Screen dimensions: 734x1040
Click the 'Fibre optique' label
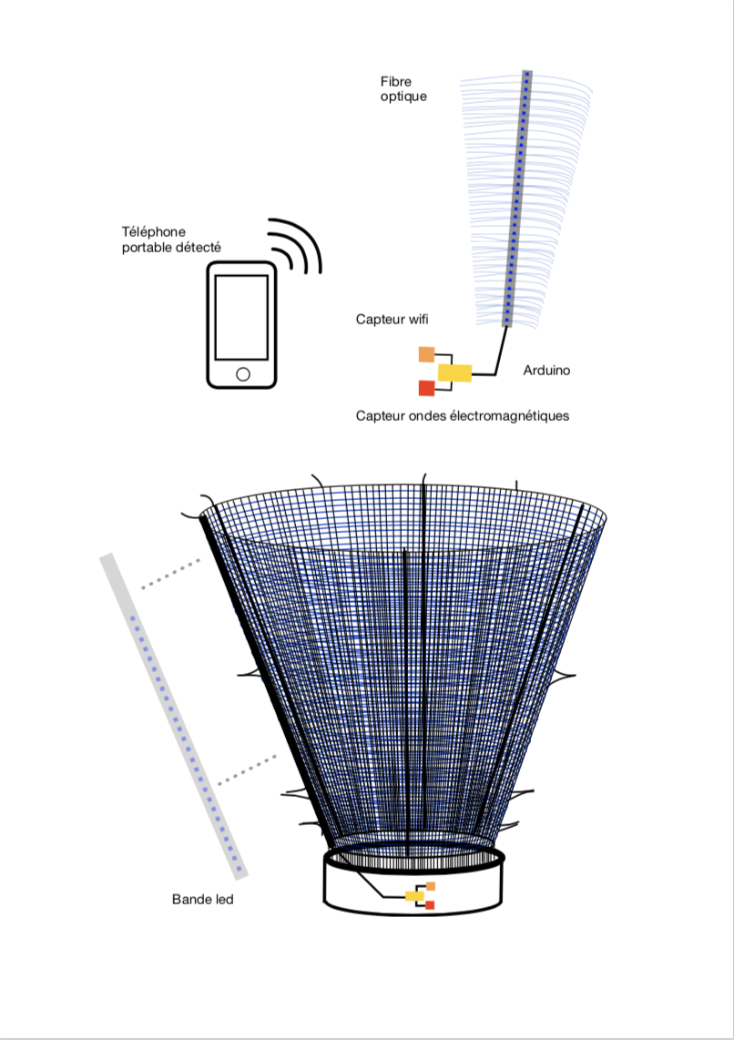pyautogui.click(x=403, y=89)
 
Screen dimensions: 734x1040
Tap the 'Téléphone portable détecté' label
pyautogui.click(x=171, y=240)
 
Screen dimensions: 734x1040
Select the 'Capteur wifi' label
pyautogui.click(x=392, y=319)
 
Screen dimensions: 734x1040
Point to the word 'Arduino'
pyautogui.click(x=546, y=370)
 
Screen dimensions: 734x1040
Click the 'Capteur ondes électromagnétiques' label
pyautogui.click(x=462, y=416)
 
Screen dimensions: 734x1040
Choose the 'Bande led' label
pyautogui.click(x=202, y=900)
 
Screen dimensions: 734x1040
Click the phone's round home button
pyautogui.click(x=242, y=374)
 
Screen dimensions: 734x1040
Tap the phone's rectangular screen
pyautogui.click(x=241, y=317)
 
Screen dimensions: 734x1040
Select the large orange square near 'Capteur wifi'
pyautogui.click(x=426, y=355)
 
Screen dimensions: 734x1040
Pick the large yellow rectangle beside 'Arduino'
pyautogui.click(x=454, y=373)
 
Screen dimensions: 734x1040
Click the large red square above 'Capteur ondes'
pyautogui.click(x=426, y=388)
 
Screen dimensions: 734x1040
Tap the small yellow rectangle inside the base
pyautogui.click(x=414, y=897)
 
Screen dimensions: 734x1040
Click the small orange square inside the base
pyautogui.click(x=431, y=887)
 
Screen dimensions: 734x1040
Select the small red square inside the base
pyautogui.click(x=430, y=905)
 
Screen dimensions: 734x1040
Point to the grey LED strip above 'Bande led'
pyautogui.click(x=174, y=716)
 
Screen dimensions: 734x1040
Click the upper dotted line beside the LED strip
pyautogui.click(x=170, y=575)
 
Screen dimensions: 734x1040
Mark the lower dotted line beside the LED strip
pyautogui.click(x=248, y=770)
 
